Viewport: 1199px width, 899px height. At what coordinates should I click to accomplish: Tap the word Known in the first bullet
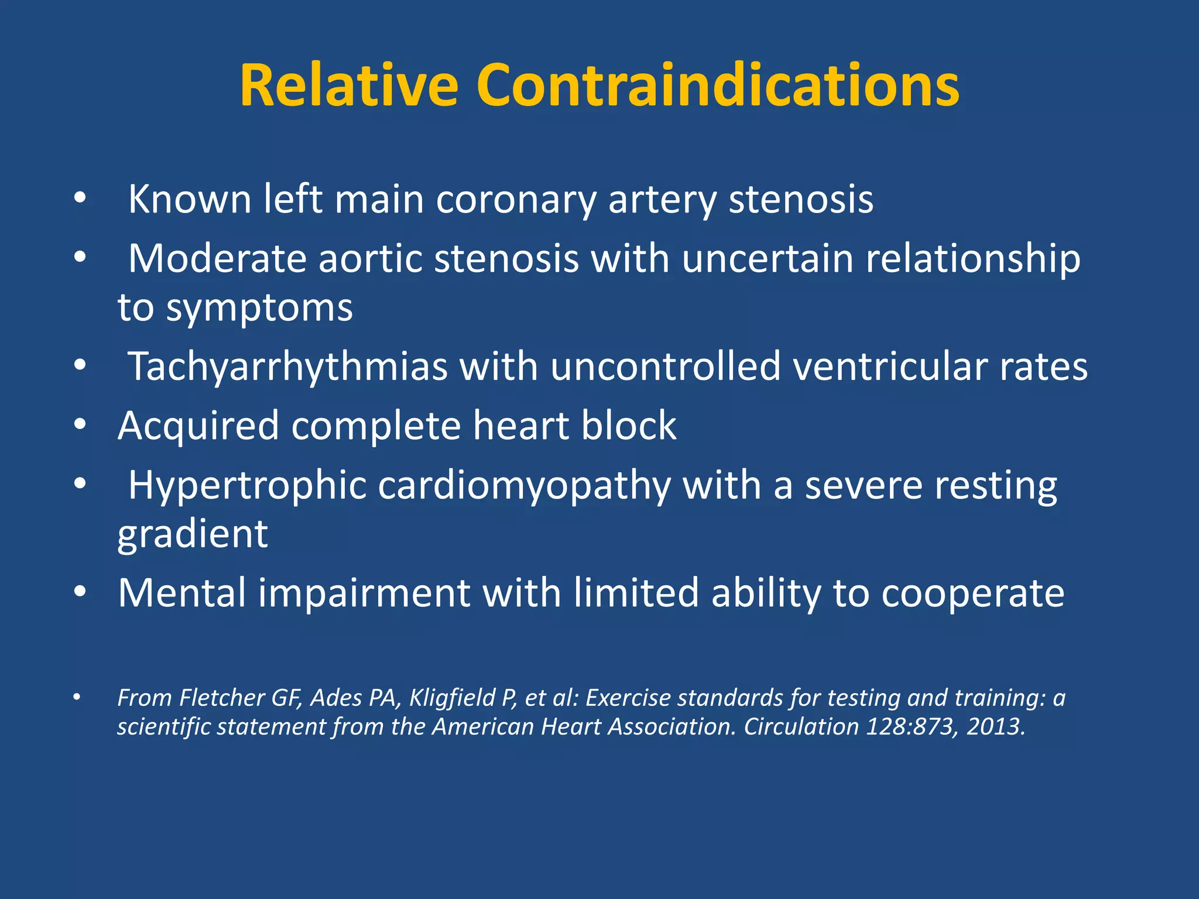point(189,200)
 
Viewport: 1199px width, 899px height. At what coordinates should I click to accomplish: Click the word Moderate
point(217,259)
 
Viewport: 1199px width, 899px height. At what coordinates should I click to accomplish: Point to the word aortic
point(370,259)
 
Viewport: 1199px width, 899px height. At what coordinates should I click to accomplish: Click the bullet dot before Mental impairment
point(80,592)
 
